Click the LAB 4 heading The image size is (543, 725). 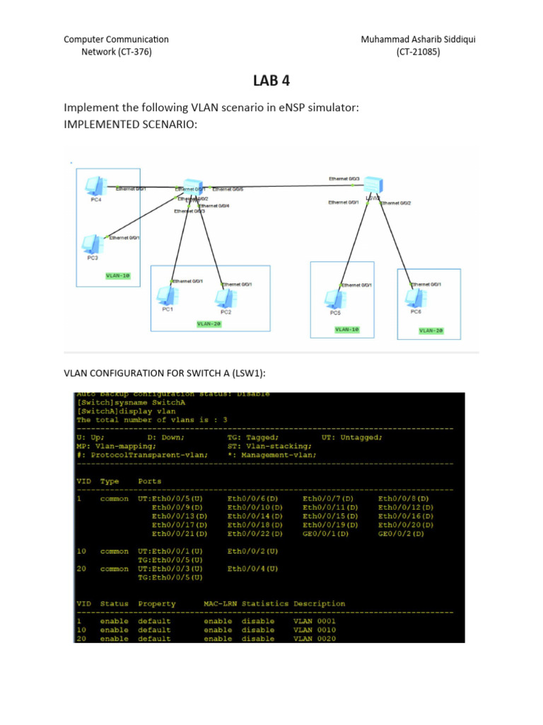tap(271, 82)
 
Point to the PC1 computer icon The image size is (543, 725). tap(167, 295)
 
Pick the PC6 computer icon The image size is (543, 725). tap(416, 296)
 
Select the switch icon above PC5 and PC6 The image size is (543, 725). tap(372, 185)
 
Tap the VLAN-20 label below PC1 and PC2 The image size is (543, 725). tap(209, 324)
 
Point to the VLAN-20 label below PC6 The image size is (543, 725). tap(431, 330)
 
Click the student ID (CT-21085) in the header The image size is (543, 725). tap(418, 52)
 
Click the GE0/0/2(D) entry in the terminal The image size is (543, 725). tap(401, 534)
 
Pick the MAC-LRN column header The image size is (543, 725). tap(220, 604)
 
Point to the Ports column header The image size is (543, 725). tap(150, 481)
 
